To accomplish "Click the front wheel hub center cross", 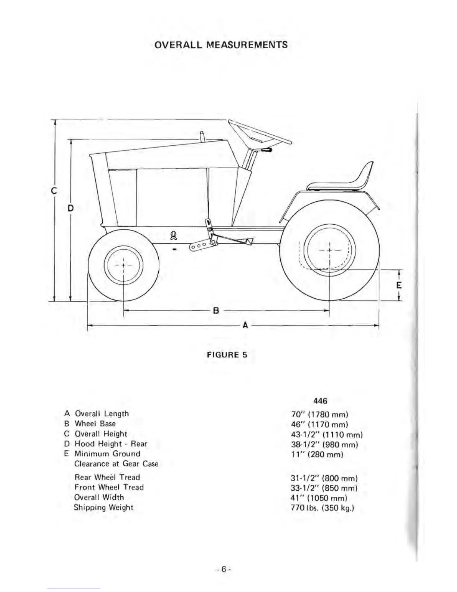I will (123, 265).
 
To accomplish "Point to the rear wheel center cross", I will (330, 250).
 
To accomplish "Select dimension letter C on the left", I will (54, 191).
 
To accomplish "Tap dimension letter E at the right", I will (399, 285).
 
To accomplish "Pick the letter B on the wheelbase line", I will (215, 310).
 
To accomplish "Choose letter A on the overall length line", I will (245, 325).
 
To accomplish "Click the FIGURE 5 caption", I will (227, 355).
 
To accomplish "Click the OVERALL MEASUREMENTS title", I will (221, 45).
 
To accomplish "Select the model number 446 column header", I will (320, 401).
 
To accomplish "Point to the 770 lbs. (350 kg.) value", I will (322, 508).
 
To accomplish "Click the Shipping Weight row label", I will (103, 508).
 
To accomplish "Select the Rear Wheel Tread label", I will (107, 477).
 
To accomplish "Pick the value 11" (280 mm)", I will (317, 454).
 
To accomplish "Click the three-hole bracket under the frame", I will (200, 246).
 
